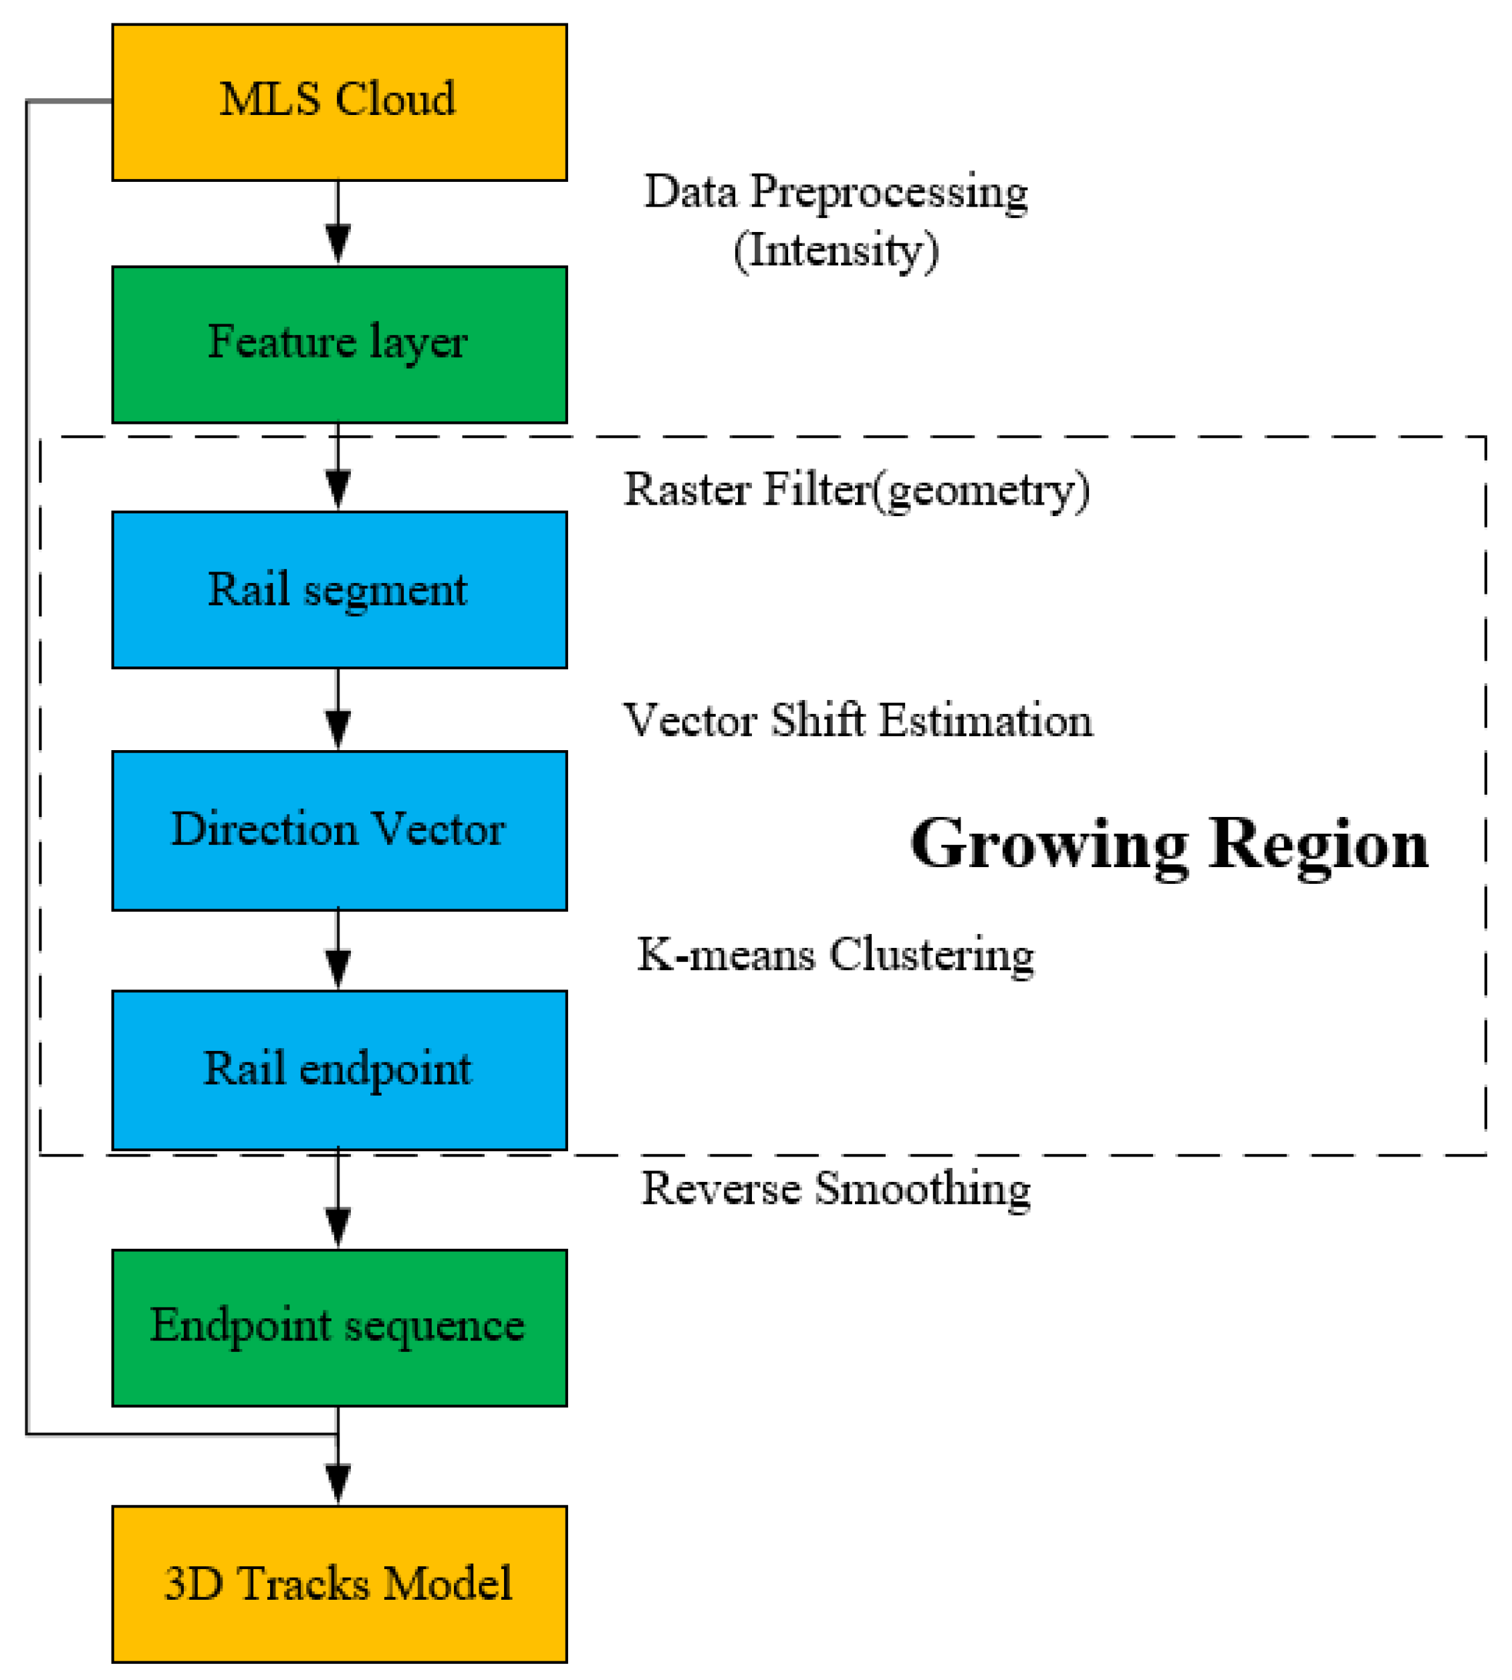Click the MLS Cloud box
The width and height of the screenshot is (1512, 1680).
point(339,102)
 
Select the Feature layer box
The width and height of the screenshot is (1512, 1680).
point(339,345)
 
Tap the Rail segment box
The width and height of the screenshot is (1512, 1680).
point(339,590)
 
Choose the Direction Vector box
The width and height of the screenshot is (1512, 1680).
point(339,830)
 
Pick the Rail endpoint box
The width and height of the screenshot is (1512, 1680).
point(339,1070)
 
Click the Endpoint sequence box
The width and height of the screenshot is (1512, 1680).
point(339,1327)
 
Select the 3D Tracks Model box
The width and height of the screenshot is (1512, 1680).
point(339,1584)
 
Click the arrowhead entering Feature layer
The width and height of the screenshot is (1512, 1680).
point(338,245)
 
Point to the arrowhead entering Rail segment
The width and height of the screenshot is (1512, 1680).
point(338,490)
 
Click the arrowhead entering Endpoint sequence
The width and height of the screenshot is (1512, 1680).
point(338,1228)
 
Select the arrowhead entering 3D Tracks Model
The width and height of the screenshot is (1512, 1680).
point(338,1485)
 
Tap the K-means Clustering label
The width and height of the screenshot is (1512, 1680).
point(835,955)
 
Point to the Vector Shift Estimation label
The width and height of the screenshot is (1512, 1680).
point(858,721)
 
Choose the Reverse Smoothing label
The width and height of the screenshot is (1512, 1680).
point(836,1189)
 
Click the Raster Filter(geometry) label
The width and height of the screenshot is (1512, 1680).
point(856,490)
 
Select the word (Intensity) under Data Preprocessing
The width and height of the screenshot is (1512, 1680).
point(836,251)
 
